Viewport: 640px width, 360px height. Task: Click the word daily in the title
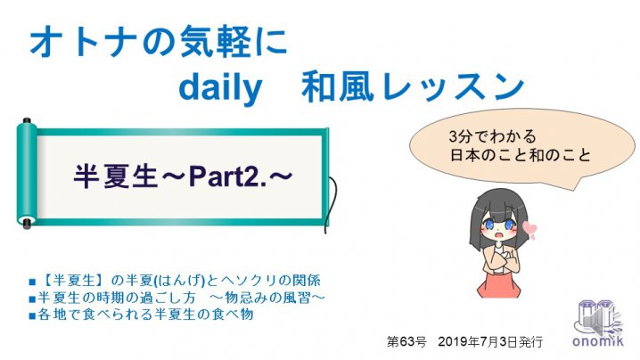[220, 87]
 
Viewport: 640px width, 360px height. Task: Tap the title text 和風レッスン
[413, 86]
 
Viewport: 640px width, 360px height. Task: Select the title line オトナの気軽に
[159, 42]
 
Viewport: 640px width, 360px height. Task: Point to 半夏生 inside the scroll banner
[116, 176]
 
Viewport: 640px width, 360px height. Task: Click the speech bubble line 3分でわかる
[492, 136]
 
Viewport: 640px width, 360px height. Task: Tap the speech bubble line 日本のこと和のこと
[520, 155]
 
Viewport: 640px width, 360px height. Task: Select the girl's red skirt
[498, 284]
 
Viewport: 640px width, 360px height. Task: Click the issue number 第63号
[406, 341]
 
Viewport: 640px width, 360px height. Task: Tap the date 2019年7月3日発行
[490, 341]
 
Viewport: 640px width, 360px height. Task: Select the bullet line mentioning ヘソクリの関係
[175, 281]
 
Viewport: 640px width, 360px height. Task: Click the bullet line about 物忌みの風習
[177, 298]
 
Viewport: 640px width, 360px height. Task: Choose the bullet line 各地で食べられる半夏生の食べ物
[142, 315]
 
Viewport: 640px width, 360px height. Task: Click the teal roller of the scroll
[27, 174]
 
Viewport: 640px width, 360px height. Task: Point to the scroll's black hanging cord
[332, 204]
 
